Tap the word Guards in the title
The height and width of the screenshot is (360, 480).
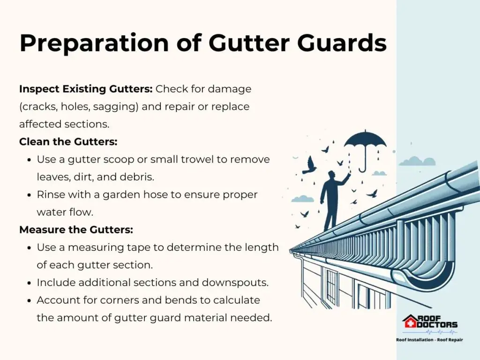[x=342, y=43]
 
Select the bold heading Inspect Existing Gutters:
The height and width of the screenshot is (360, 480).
[x=86, y=89]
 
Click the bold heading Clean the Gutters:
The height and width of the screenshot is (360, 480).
[x=68, y=142]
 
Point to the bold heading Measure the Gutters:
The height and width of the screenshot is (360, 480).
[x=76, y=230]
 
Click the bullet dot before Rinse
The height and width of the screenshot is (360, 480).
[x=30, y=195]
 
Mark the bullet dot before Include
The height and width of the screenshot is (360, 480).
[x=30, y=283]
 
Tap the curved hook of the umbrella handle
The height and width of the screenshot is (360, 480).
[x=362, y=169]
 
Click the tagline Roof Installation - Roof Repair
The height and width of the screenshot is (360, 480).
[x=429, y=339]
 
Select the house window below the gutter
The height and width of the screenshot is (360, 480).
[x=331, y=284]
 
